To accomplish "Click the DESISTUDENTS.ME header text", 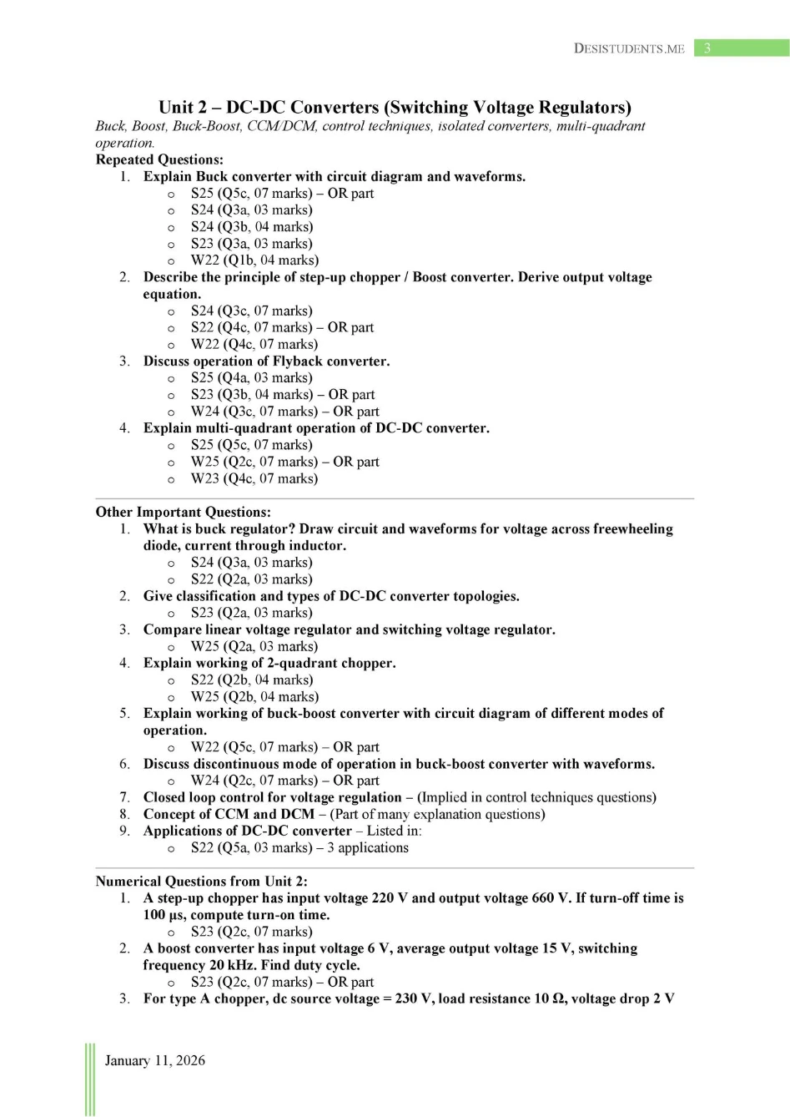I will pyautogui.click(x=629, y=48).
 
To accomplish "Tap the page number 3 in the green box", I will pyautogui.click(x=707, y=48).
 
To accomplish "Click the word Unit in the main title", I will pyautogui.click(x=176, y=108).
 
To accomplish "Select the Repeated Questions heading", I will pyautogui.click(x=159, y=159).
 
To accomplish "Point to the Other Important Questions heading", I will pyautogui.click(x=183, y=512).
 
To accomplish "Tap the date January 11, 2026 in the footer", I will pyautogui.click(x=154, y=1060).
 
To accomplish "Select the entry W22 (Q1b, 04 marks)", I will pyautogui.click(x=254, y=260).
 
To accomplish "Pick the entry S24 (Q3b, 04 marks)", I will pyautogui.click(x=252, y=227).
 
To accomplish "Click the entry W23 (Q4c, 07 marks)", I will pyautogui.click(x=254, y=478).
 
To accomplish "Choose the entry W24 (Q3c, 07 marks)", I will pyautogui.click(x=254, y=412).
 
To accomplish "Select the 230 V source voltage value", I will pyautogui.click(x=413, y=998).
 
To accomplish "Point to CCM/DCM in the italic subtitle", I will pyautogui.click(x=281, y=126).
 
